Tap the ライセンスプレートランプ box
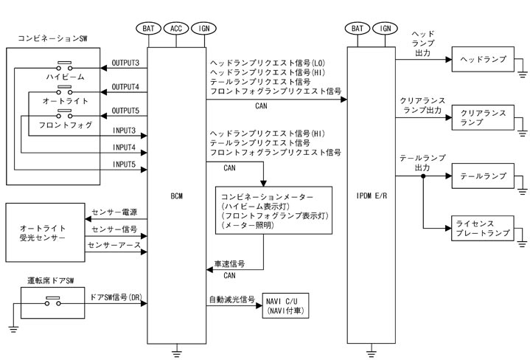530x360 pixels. coord(481,227)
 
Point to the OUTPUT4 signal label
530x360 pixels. coord(125,88)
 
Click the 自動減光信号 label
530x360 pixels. coord(231,300)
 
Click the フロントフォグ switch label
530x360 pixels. coord(66,125)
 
